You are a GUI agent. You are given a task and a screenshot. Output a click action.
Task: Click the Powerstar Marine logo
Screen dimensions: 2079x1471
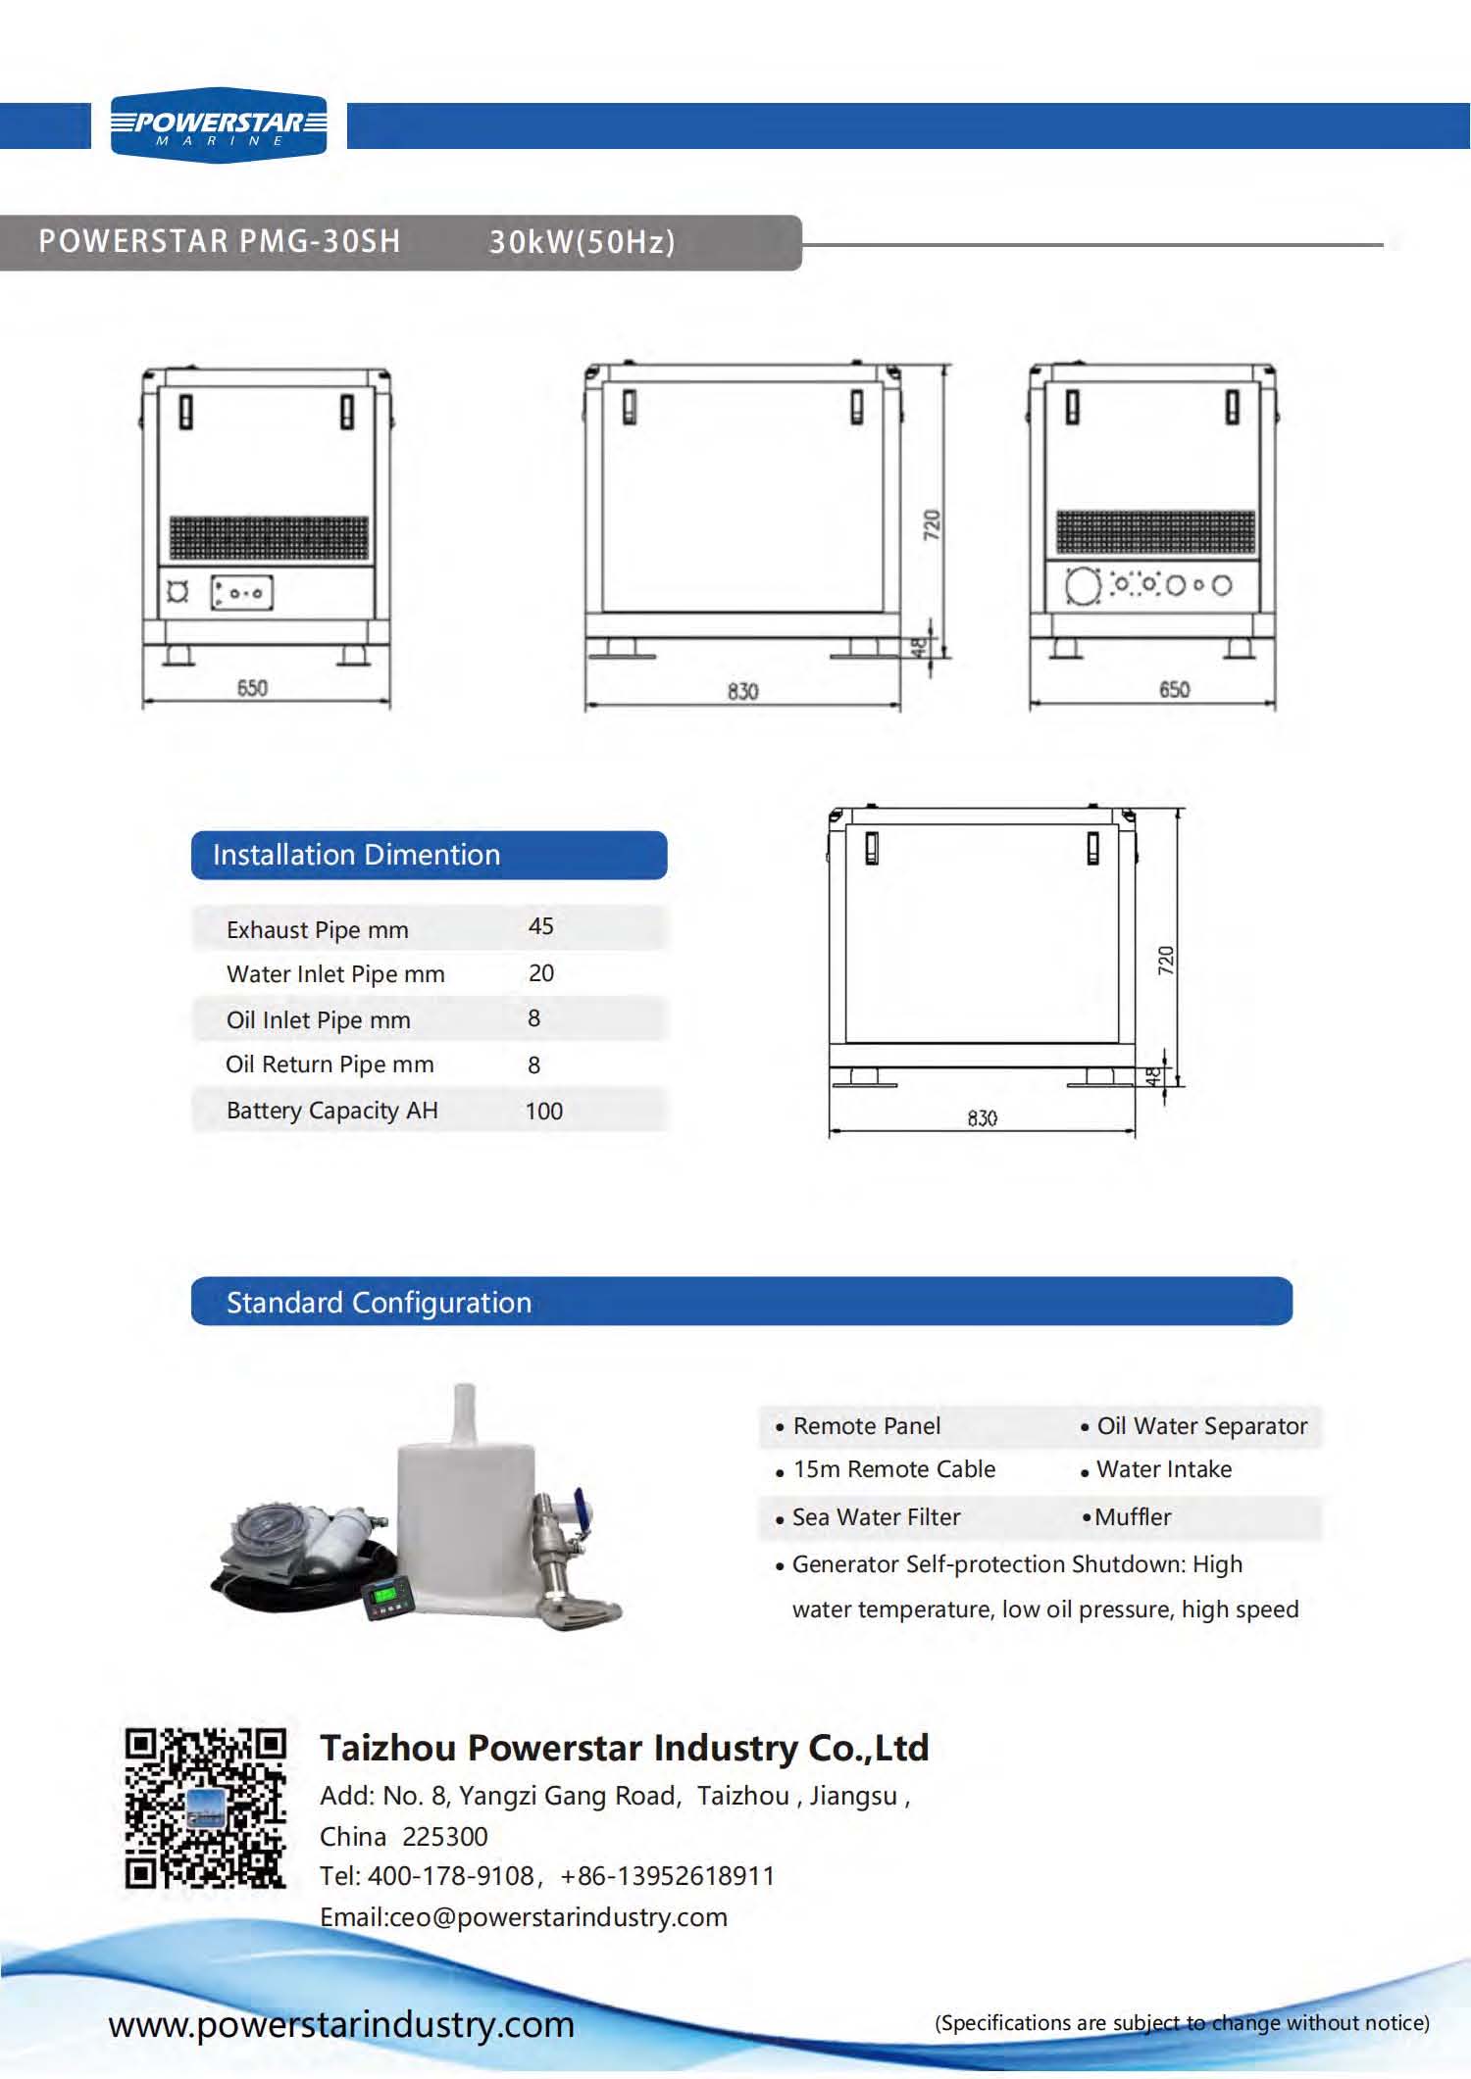tap(218, 125)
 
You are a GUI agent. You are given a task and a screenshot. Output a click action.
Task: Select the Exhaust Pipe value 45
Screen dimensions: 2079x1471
tap(540, 926)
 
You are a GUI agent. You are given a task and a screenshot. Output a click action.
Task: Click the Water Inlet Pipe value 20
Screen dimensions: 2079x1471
tap(540, 973)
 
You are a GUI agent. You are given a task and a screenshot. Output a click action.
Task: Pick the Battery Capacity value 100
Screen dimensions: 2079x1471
tap(543, 1111)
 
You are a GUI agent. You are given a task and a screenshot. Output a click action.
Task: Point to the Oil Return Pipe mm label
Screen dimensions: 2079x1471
tap(330, 1064)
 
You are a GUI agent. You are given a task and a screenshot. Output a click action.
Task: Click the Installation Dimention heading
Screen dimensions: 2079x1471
tap(356, 855)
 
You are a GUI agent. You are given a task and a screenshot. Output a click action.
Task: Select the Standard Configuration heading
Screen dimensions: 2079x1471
tap(379, 1303)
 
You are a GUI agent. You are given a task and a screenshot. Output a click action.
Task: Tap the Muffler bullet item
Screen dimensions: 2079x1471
tap(1132, 1517)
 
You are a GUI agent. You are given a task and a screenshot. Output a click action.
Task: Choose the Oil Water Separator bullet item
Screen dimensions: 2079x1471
tap(1201, 1426)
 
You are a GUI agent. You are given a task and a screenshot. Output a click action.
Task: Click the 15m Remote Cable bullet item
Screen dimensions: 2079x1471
tap(893, 1469)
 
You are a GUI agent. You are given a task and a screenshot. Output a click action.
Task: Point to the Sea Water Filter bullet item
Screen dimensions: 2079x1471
tap(876, 1517)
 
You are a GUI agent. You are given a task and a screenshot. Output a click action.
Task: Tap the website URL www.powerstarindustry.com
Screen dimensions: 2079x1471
tap(341, 2024)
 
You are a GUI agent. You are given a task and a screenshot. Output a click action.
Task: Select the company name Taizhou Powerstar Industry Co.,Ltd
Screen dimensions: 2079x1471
tap(624, 1748)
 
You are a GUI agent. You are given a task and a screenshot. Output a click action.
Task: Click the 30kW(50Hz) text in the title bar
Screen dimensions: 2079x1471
tap(583, 242)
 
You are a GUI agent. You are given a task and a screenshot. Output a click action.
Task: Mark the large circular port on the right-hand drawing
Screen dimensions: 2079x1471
tap(1082, 587)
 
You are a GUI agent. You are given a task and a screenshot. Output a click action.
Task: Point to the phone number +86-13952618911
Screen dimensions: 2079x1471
tap(667, 1876)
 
